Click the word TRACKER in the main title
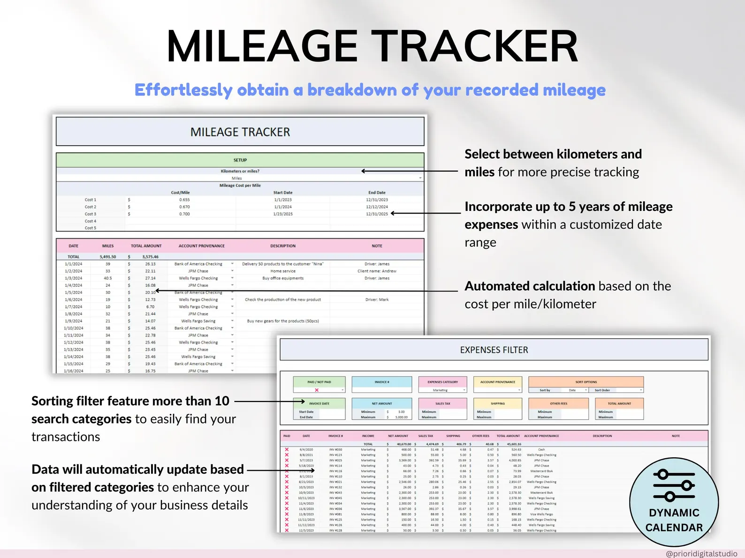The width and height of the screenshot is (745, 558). (477, 47)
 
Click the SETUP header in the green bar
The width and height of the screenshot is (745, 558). (240, 160)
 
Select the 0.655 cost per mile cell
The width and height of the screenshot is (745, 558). (184, 200)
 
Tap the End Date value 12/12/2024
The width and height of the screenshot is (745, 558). (377, 207)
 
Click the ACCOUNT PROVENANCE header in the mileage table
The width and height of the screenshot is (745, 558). (201, 246)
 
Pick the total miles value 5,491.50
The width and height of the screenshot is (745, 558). (108, 257)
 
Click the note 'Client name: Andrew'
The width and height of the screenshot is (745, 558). (377, 271)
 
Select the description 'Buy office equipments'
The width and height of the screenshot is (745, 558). (283, 278)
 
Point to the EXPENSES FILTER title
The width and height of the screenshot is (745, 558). (494, 350)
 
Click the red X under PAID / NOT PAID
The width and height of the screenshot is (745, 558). (317, 390)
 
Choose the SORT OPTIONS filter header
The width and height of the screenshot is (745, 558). (586, 382)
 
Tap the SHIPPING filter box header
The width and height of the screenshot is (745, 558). (498, 403)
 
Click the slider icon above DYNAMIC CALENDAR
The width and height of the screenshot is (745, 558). (674, 485)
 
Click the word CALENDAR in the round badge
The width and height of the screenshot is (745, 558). (674, 528)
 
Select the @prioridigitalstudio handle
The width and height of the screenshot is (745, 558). (701, 554)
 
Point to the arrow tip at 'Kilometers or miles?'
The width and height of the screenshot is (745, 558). (363, 171)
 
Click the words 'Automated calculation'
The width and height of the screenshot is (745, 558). (530, 286)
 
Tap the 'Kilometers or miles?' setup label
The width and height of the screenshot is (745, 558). (240, 171)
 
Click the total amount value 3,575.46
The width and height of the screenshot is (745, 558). (150, 257)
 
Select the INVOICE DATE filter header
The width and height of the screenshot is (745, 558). (319, 403)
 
